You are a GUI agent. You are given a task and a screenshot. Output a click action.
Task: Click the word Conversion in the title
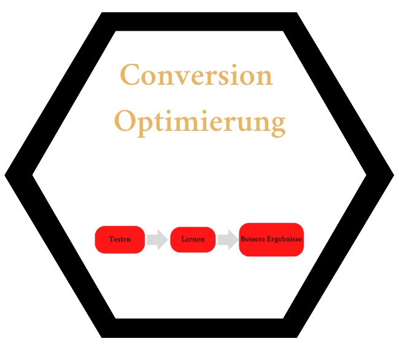click(196, 76)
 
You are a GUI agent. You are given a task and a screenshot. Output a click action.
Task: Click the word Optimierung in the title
click(200, 121)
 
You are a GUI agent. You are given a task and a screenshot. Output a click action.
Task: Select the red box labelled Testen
click(120, 239)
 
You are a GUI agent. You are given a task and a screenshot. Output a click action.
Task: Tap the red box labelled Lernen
click(193, 239)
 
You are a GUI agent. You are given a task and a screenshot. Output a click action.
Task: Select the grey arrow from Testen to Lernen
click(158, 239)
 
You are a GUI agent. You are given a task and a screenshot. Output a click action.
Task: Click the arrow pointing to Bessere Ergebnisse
click(228, 239)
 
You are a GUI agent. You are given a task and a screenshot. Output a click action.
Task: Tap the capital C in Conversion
click(130, 76)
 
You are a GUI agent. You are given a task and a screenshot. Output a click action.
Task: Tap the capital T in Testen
click(111, 239)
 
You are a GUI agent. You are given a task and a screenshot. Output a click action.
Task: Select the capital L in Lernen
click(184, 239)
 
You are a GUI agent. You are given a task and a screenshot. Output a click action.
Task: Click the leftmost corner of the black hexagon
click(7, 174)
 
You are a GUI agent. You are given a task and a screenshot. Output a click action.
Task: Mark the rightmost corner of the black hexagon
click(391, 174)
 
